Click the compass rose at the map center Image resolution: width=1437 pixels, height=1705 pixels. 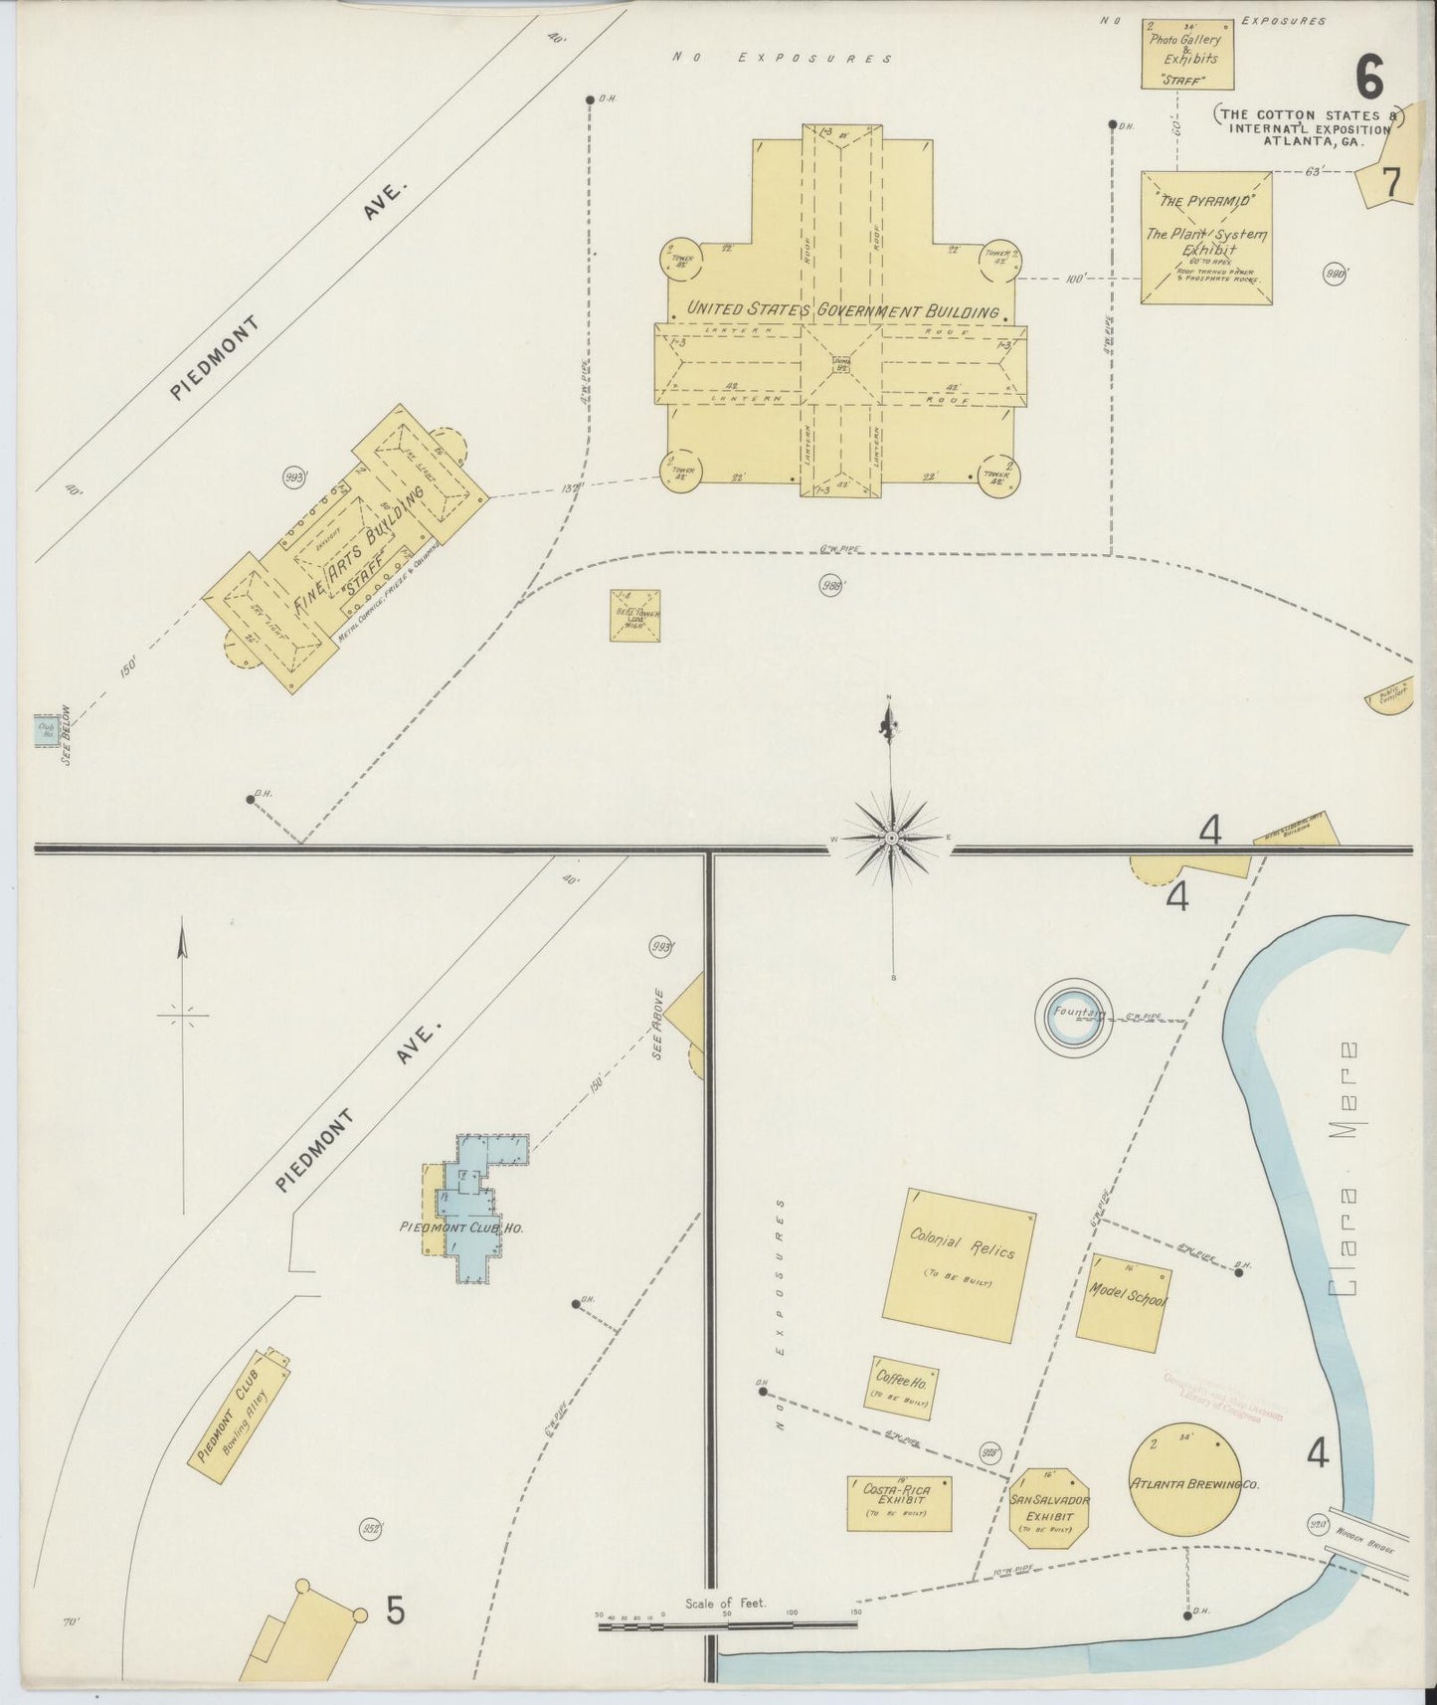tap(892, 839)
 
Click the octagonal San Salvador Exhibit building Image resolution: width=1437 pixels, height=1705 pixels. tap(1049, 1508)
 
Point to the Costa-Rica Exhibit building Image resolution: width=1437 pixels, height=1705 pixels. tap(899, 1502)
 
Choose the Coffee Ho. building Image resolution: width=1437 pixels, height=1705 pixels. tap(904, 1387)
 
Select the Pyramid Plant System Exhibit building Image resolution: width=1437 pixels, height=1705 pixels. tap(1206, 237)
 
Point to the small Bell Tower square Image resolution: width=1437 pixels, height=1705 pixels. tap(635, 616)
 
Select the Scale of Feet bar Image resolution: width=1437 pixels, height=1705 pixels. tap(727, 1625)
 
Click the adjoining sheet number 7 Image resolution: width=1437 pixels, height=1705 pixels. tap(1388, 183)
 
